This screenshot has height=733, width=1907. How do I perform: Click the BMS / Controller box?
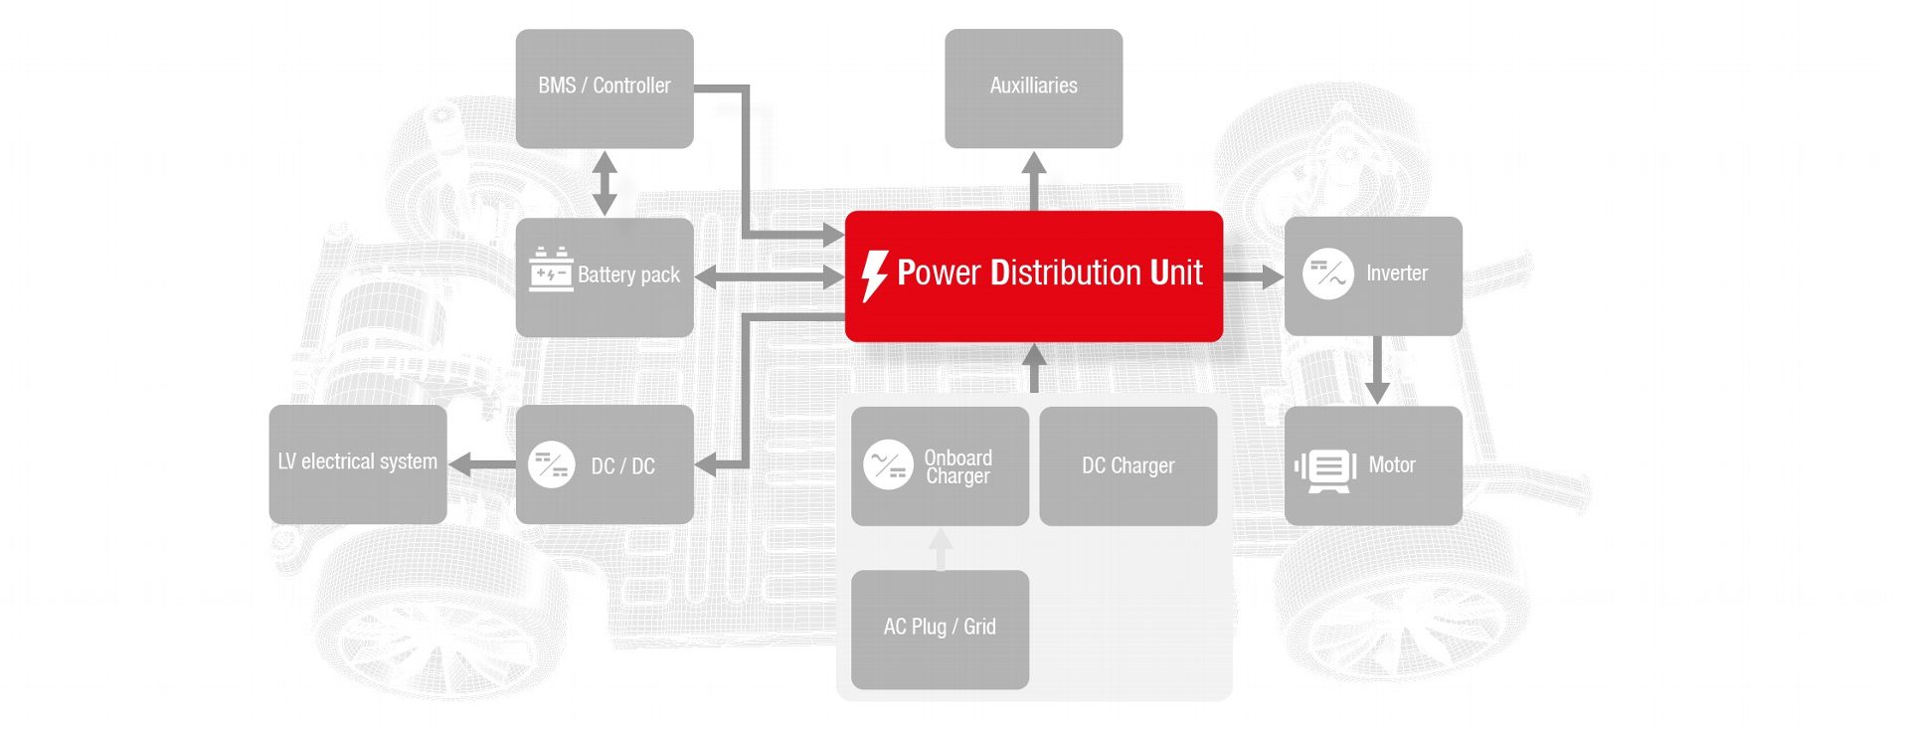coord(604,88)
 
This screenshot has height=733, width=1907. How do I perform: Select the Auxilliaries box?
coord(1033,88)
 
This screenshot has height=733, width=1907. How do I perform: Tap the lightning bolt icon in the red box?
coord(874,275)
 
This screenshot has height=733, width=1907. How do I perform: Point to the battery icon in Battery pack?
coord(551,269)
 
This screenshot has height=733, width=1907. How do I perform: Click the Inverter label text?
coord(1396,274)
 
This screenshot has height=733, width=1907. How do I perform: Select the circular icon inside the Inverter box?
coord(1327,274)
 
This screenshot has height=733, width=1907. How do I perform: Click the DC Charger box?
coord(1127,465)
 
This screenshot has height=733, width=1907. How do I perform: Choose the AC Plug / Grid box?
coord(940,628)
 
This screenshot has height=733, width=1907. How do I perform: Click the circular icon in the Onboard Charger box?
coord(888,464)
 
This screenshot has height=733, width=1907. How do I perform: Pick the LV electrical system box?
coord(357,462)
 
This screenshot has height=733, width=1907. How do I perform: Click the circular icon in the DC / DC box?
coord(552,464)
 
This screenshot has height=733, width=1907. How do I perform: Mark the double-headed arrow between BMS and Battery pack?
coord(605,183)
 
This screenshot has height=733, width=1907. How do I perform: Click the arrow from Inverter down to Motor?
coord(1376,370)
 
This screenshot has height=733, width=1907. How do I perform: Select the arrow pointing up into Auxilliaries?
coord(1034,179)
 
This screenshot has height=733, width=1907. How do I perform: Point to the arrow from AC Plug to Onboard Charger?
coord(941,549)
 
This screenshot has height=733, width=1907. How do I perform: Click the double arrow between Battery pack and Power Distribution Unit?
coord(769,277)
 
